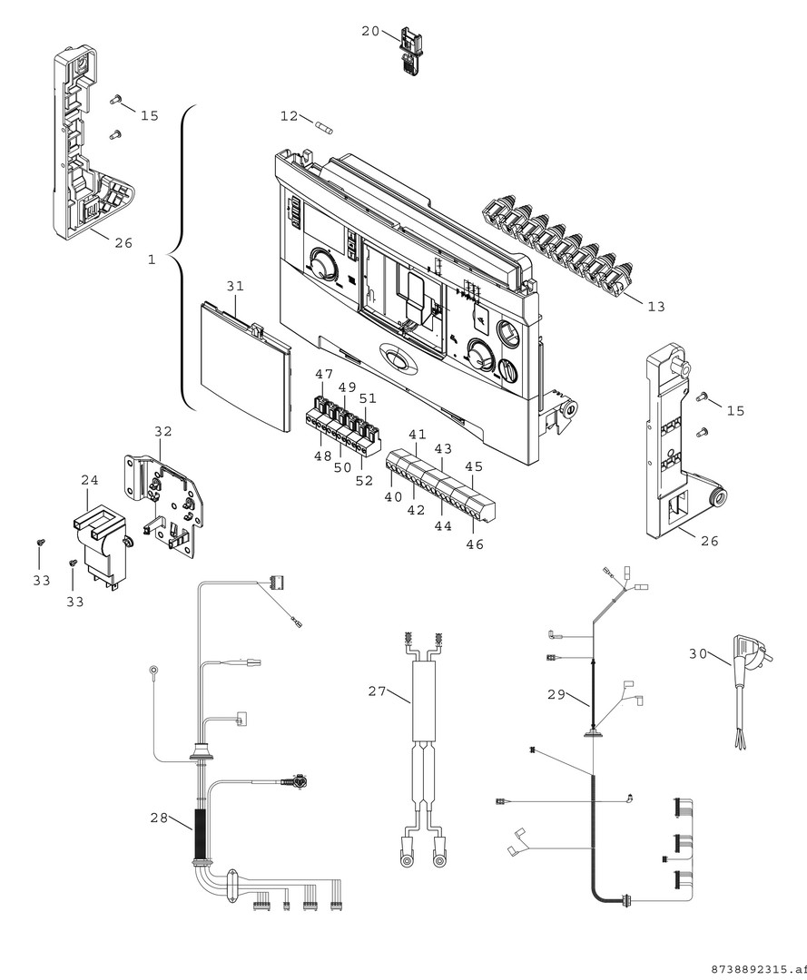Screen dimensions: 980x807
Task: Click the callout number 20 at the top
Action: (370, 31)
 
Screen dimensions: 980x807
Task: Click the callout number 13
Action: (655, 307)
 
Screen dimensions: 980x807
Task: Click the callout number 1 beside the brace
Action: (152, 260)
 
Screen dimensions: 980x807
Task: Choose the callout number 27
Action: (378, 691)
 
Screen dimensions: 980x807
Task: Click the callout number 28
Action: (160, 818)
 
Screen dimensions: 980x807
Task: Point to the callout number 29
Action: (556, 695)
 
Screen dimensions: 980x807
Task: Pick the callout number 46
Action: (475, 544)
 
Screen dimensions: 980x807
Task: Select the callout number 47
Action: (324, 375)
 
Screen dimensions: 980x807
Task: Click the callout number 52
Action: (363, 481)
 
